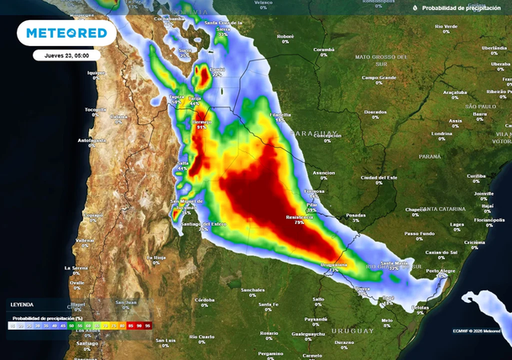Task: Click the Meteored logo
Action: (67, 33)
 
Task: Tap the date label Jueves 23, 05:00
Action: (67, 55)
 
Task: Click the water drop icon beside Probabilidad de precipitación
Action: (415, 8)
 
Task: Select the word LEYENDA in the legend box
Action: (23, 304)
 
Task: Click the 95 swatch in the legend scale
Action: (147, 324)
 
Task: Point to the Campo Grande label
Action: (379, 78)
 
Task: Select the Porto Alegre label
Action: (441, 270)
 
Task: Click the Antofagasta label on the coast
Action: (92, 140)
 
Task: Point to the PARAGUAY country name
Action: (317, 132)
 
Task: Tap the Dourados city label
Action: (375, 112)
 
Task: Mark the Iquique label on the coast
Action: (98, 73)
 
